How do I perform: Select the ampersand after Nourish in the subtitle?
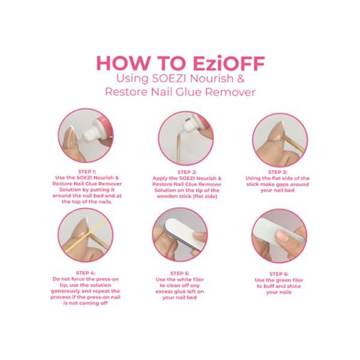240,78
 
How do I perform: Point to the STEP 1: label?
87,172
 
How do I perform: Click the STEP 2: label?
187,172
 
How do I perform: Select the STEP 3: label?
278,172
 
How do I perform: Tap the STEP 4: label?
86,273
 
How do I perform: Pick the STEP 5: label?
179,273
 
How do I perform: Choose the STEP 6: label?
279,274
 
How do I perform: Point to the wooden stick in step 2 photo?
179,147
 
